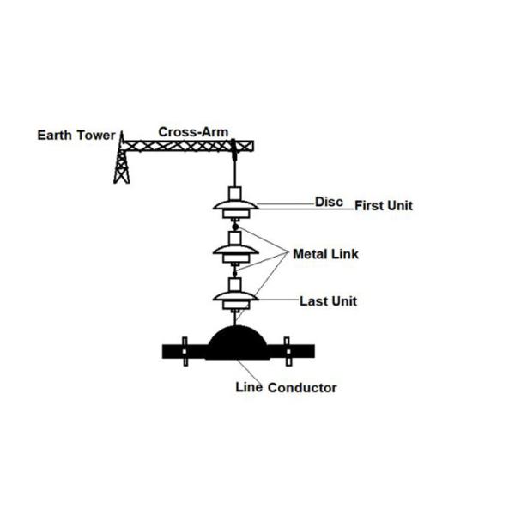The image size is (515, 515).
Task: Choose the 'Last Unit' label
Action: tap(329, 301)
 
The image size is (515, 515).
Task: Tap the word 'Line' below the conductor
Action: tap(249, 387)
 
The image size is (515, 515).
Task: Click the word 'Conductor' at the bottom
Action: tap(303, 388)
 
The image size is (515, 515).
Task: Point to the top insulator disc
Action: tap(234, 209)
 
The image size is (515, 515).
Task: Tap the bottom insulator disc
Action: tap(234, 299)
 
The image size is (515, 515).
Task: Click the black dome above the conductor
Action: tap(235, 342)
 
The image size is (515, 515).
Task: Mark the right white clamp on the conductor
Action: tap(288, 350)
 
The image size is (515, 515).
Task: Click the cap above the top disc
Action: tap(234, 191)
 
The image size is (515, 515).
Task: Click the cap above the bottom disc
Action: tap(234, 284)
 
